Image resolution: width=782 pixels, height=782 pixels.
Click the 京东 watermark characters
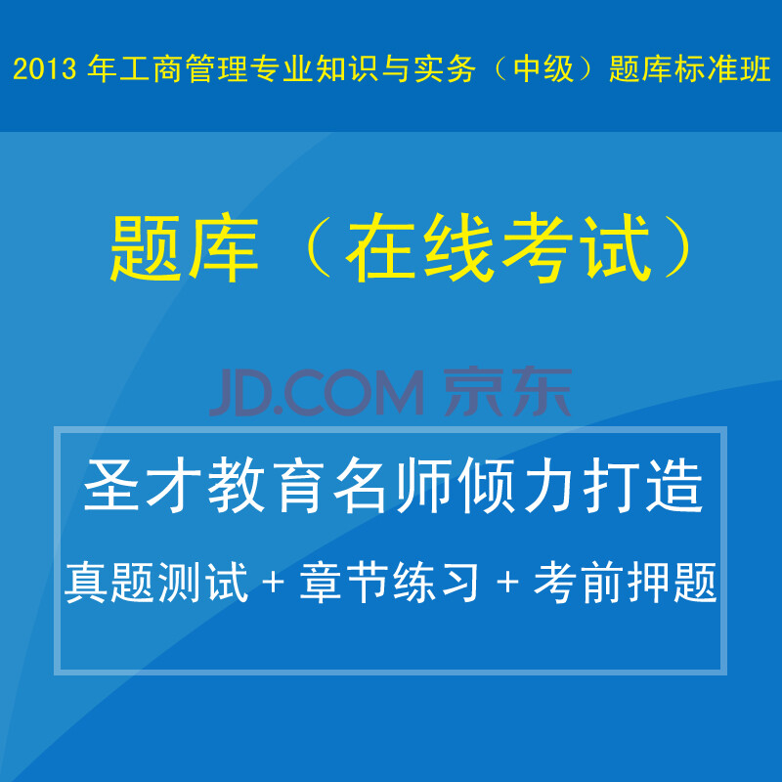[508, 391]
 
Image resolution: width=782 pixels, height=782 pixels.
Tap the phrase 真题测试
[156, 584]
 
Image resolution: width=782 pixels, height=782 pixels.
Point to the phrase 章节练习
[390, 584]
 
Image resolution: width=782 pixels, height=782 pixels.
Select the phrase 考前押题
[626, 584]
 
